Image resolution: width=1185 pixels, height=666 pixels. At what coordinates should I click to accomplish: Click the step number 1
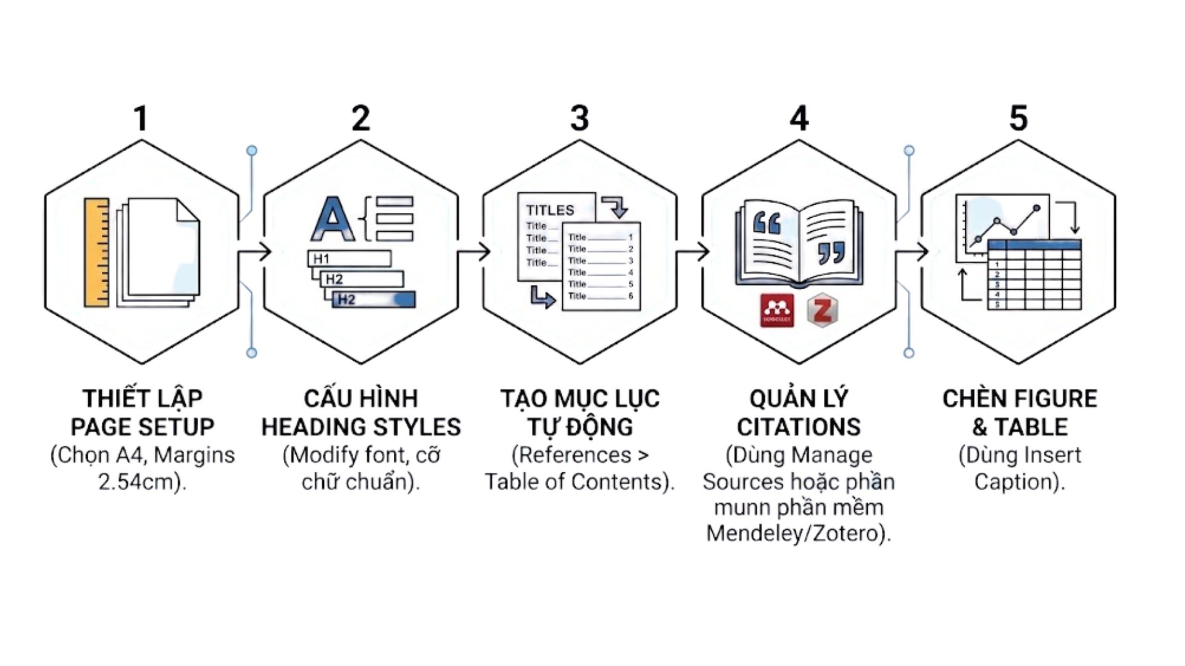pyautogui.click(x=141, y=118)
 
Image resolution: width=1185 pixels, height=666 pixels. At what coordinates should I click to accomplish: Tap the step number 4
pyautogui.click(x=799, y=118)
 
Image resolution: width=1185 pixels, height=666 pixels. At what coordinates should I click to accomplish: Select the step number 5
pyautogui.click(x=1018, y=118)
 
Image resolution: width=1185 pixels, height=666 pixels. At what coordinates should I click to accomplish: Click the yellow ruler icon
pyautogui.click(x=96, y=252)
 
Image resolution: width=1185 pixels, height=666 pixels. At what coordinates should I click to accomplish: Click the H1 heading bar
pyautogui.click(x=349, y=258)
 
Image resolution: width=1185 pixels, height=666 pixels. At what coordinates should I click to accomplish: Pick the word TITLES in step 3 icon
pyautogui.click(x=550, y=210)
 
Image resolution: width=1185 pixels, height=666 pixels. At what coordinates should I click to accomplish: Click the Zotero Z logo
pyautogui.click(x=822, y=310)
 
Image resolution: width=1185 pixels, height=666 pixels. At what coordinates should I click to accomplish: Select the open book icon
pyautogui.click(x=799, y=244)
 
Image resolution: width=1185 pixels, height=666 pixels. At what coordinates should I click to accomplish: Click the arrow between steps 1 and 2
pyautogui.click(x=254, y=252)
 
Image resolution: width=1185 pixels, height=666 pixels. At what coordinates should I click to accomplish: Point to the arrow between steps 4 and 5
pyautogui.click(x=912, y=252)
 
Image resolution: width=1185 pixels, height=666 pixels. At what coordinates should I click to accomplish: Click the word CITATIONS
pyautogui.click(x=799, y=427)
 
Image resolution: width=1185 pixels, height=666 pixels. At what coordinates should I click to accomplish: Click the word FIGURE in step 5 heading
pyautogui.click(x=1058, y=398)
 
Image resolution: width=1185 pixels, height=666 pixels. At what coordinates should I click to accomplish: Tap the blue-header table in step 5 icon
pyautogui.click(x=1034, y=274)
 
